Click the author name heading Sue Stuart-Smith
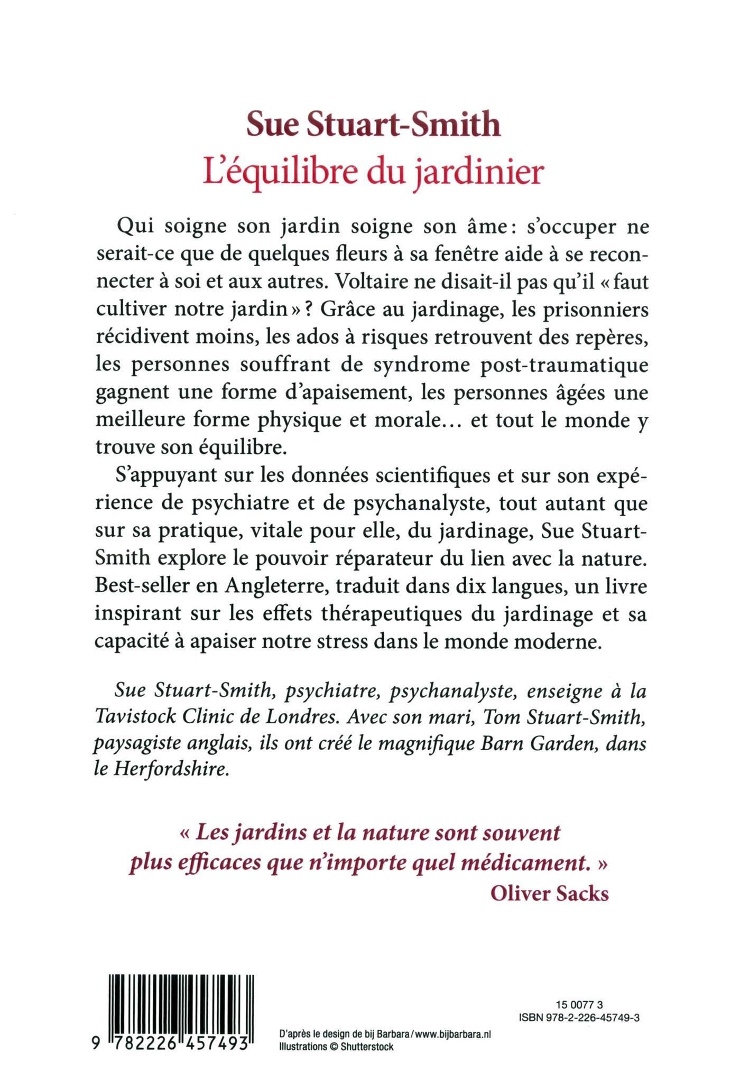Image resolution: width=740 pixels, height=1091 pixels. click(x=374, y=126)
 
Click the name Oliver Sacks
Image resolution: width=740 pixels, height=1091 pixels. click(x=549, y=893)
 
